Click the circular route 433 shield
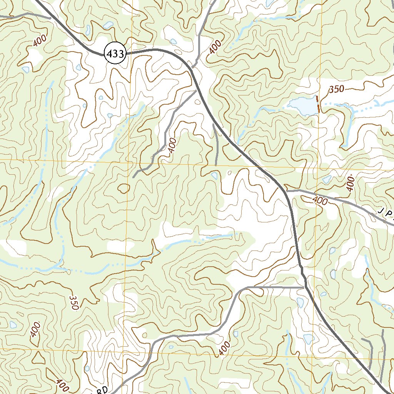pos(115,54)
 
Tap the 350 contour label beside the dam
pos(336,89)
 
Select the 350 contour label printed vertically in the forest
pos(73,302)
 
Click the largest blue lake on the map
pos(303,106)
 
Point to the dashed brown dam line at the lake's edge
pos(317,105)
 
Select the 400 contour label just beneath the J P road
pos(320,200)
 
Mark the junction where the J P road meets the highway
pos(287,190)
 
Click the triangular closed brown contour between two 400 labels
pos(38,357)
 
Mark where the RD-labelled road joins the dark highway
pos(304,287)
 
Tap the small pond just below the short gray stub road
pos(214,175)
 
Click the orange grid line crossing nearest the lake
pos(319,169)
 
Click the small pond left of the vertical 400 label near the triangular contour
pos(13,324)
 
